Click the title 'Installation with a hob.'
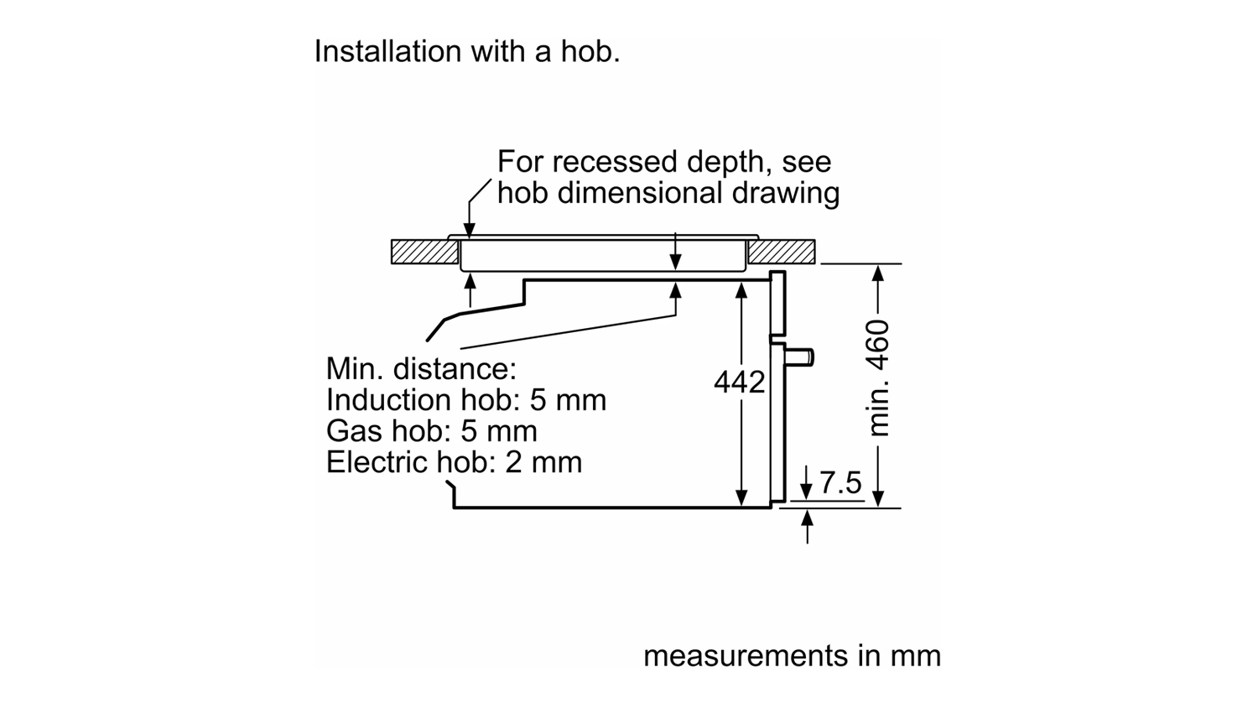[x=466, y=51]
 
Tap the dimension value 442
[x=739, y=382]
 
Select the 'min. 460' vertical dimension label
[x=878, y=378]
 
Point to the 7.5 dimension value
[x=840, y=482]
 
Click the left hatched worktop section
[x=425, y=252]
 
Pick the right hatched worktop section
[x=781, y=252]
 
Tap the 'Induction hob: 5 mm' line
[x=466, y=400]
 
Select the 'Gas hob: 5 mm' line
[x=431, y=431]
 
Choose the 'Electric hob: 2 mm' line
[x=454, y=462]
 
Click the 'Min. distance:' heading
[x=421, y=369]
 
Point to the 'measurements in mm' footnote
[x=792, y=656]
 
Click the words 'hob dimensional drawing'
[x=668, y=193]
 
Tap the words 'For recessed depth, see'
[x=664, y=162]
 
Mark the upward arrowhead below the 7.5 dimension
[x=807, y=518]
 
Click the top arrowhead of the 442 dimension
[x=741, y=290]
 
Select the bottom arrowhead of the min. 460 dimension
[x=878, y=498]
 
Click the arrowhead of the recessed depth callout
[x=470, y=230]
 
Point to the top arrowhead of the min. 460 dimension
[x=878, y=273]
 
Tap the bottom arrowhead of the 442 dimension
[x=741, y=497]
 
